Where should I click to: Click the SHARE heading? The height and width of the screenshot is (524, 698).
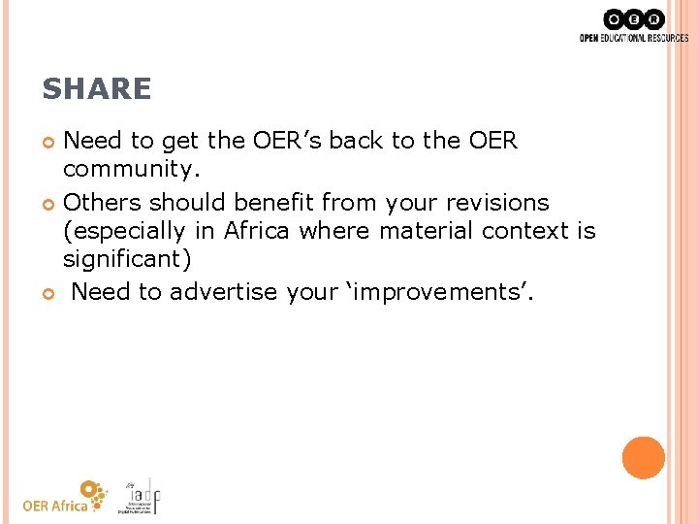(x=97, y=89)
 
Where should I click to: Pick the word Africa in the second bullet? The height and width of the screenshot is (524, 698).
(x=258, y=231)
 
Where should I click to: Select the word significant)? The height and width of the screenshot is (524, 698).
(x=127, y=260)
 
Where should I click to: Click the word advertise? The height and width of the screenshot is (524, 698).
(x=224, y=292)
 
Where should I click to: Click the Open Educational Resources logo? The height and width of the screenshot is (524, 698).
(x=633, y=25)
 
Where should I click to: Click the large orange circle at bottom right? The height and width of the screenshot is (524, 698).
(x=644, y=458)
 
